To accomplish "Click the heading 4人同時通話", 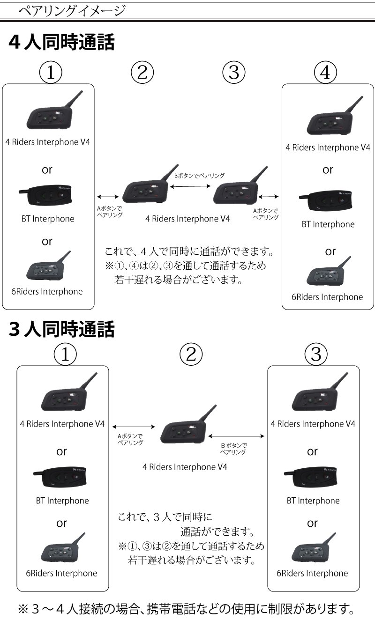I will pos(61,43).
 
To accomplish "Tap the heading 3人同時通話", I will pos(61,329).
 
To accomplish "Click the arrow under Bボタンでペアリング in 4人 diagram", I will pos(189,186).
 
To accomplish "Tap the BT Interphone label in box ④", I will pos(328,224).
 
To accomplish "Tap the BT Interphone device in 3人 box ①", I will pos(61,477).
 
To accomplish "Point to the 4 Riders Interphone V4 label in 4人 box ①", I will pos(47,142).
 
